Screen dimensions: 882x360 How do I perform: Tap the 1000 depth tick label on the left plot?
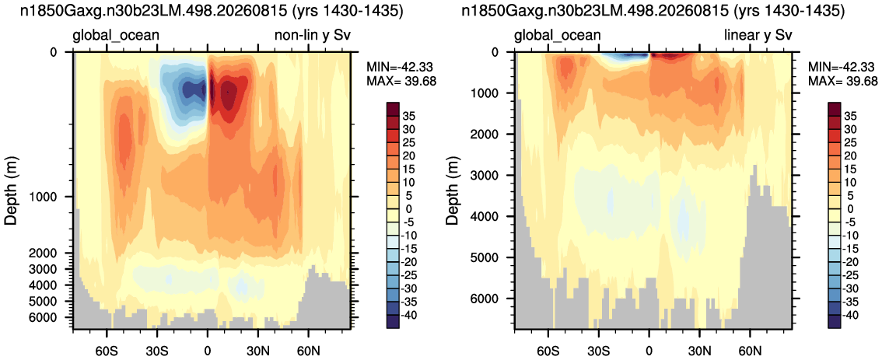tap(42, 197)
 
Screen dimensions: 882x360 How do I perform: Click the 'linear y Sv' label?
tap(758, 36)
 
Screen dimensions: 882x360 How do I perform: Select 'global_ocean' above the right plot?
tap(558, 37)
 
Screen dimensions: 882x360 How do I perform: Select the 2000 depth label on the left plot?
tap(42, 253)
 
